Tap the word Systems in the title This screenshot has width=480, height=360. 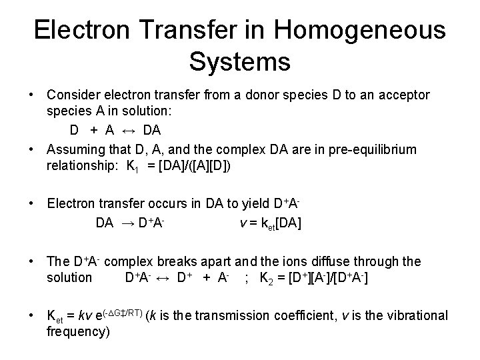(240, 61)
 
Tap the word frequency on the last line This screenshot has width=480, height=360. (76, 331)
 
